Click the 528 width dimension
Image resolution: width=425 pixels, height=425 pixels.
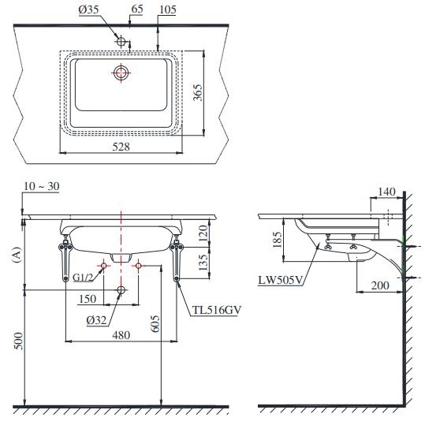tap(120, 146)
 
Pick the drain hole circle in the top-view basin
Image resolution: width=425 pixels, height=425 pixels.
tap(121, 73)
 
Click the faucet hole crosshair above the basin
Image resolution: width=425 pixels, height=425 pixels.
tap(120, 39)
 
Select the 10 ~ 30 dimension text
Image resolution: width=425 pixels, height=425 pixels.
tap(42, 185)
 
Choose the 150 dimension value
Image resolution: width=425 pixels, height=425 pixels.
tap(89, 300)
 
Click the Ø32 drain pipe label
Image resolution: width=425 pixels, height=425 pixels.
tap(96, 320)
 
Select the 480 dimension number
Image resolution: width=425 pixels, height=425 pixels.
tap(120, 334)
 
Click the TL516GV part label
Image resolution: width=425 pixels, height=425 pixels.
tap(214, 310)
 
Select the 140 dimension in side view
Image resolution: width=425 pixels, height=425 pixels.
tap(386, 192)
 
